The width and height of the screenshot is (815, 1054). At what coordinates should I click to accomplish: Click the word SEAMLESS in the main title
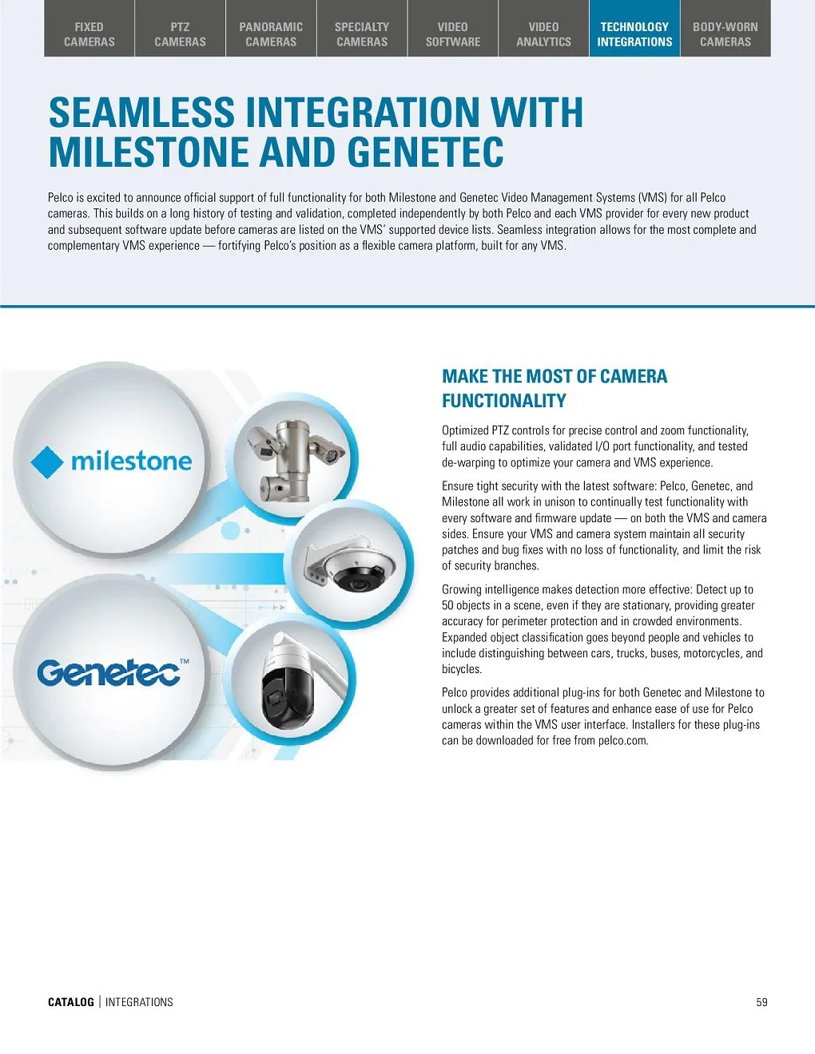tap(141, 113)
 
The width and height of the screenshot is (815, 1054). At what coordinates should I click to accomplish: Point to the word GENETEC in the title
tap(425, 153)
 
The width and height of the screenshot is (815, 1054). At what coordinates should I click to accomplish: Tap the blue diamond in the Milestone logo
tap(47, 462)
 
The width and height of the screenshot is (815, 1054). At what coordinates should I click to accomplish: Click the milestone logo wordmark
tap(132, 461)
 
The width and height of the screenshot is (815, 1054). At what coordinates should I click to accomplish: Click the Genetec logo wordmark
tap(107, 673)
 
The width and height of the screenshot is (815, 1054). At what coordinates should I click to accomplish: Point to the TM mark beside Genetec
tap(185, 661)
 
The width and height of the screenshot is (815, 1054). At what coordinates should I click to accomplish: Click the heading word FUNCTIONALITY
tap(503, 401)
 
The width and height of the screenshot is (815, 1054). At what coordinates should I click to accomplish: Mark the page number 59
tap(761, 1002)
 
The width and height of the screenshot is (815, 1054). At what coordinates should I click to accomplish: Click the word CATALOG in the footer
tap(71, 1002)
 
